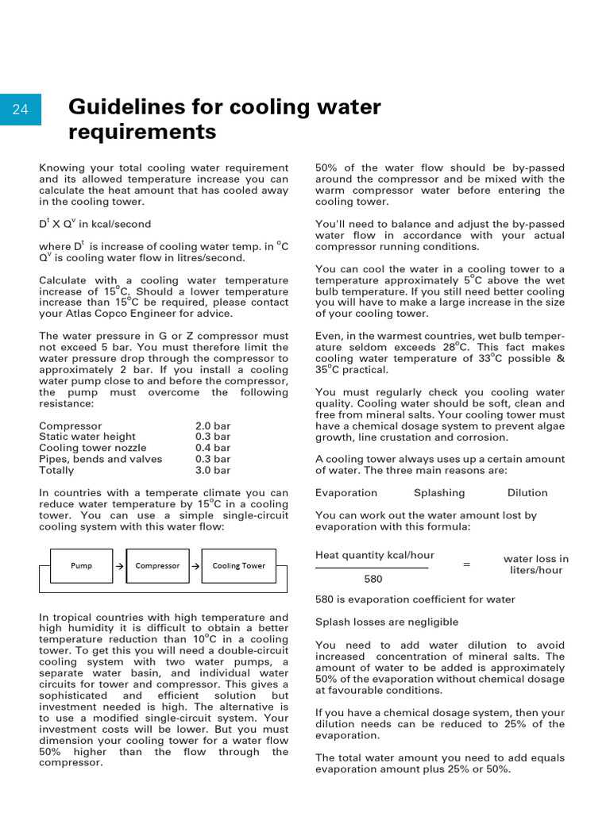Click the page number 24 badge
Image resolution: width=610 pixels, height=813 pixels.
(x=20, y=110)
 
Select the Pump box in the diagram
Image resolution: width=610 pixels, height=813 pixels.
(x=81, y=566)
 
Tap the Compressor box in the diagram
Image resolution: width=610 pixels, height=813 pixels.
(x=157, y=566)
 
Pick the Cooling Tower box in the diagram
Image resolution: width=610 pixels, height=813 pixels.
(x=238, y=566)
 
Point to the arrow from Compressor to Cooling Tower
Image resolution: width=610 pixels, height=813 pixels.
(x=195, y=566)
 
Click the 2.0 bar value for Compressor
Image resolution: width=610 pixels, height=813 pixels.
(x=213, y=426)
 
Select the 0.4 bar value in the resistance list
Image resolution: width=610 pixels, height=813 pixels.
(x=213, y=448)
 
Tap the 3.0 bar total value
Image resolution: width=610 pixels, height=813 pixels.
(x=213, y=470)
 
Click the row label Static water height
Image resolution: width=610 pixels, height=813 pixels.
(x=87, y=437)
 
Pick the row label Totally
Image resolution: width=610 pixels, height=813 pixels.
(x=56, y=470)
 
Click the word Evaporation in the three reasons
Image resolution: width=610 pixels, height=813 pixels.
(x=346, y=493)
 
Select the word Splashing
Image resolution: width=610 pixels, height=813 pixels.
(x=439, y=493)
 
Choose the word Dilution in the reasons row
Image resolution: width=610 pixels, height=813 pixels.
(x=527, y=493)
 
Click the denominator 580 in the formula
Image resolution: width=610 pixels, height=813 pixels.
(x=373, y=580)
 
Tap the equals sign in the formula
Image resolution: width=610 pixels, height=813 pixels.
(x=466, y=564)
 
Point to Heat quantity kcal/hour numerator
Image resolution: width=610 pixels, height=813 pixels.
(x=375, y=555)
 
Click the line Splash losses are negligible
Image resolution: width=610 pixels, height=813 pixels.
(x=387, y=622)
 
